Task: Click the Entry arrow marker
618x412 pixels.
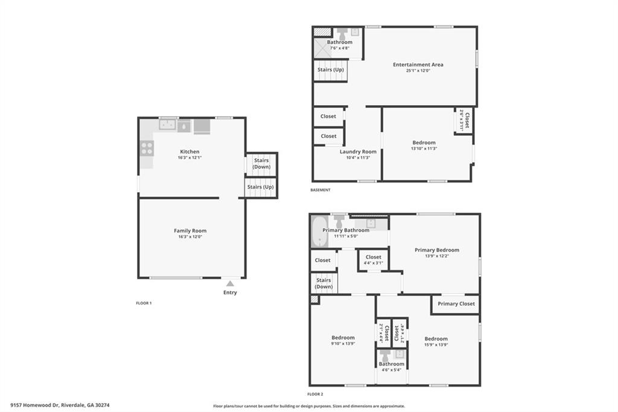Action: [230, 283]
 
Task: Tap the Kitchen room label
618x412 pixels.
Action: [190, 152]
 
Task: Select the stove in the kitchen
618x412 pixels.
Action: [147, 148]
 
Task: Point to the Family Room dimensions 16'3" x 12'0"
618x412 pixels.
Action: [190, 237]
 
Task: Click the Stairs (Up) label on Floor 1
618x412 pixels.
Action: [260, 187]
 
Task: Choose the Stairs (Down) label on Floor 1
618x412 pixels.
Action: [261, 163]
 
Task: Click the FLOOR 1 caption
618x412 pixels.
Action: [144, 303]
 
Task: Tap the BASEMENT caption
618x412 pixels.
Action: [320, 190]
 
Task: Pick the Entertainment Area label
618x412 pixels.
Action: [418, 65]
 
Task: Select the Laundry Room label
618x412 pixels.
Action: [358, 152]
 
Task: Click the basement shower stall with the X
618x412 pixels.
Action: [321, 48]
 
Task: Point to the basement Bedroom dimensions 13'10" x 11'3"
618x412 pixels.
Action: [424, 149]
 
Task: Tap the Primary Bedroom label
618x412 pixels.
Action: [437, 249]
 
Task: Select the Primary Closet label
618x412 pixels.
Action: [456, 304]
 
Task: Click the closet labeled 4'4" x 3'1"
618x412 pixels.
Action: [374, 260]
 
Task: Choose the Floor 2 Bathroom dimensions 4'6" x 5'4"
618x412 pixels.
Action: [391, 370]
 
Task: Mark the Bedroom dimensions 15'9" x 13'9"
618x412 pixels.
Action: [436, 344]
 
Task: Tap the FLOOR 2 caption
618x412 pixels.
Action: [315, 394]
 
